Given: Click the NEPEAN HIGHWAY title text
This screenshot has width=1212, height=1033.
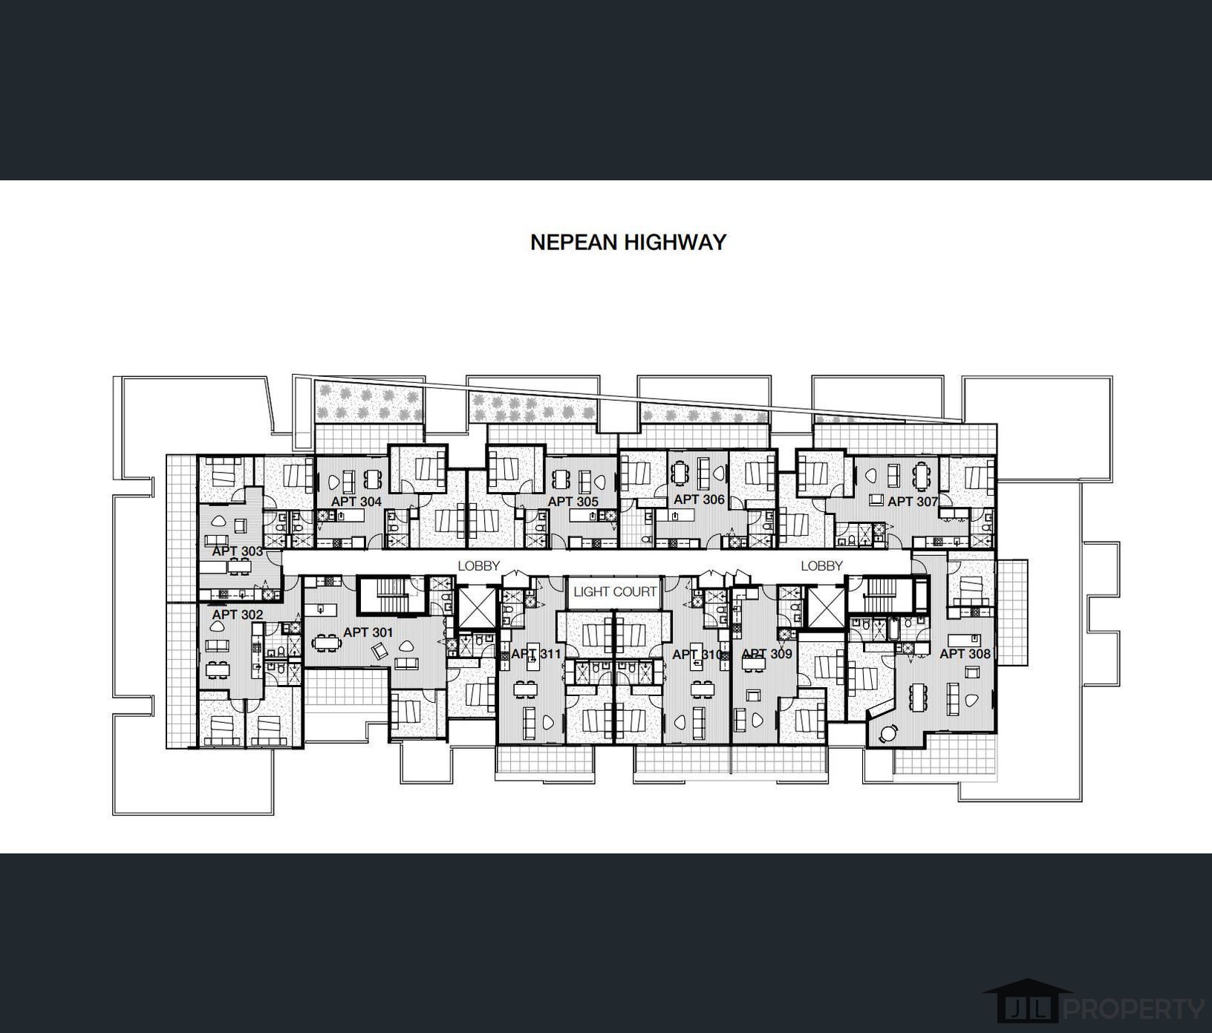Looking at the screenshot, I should click(x=628, y=243).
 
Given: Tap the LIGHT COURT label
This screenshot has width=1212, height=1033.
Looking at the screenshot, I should click(x=615, y=591).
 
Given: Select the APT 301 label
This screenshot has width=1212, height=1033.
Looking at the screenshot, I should click(x=368, y=632).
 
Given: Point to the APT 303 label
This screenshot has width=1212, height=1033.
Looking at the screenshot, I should click(x=237, y=551).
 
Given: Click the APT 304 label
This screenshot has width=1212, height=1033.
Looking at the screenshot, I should click(x=356, y=502).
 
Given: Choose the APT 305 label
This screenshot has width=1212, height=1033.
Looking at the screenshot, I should click(x=573, y=502).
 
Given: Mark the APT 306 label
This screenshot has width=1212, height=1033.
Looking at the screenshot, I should click(x=698, y=499).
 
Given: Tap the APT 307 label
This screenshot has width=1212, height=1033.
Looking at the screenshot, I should click(x=912, y=502).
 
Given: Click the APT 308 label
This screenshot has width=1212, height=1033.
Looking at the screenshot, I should click(x=964, y=653).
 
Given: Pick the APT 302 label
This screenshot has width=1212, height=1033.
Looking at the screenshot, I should click(x=237, y=614).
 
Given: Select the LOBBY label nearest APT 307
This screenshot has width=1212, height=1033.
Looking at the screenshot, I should click(x=821, y=565).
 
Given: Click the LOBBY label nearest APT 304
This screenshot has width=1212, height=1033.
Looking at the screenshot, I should click(x=478, y=565).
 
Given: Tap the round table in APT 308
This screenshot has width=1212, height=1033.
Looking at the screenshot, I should click(x=887, y=733).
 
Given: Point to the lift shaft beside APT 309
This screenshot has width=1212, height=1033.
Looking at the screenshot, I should click(x=825, y=606).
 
